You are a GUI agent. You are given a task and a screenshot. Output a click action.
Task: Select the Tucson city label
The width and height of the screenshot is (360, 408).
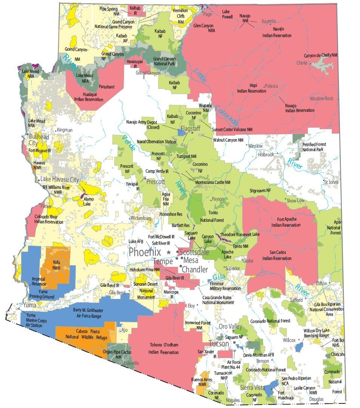218,344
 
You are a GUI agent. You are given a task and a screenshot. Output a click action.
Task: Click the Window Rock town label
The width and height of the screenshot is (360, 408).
322,99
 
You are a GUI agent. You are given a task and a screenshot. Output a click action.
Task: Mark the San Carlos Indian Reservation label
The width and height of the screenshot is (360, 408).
275,256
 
